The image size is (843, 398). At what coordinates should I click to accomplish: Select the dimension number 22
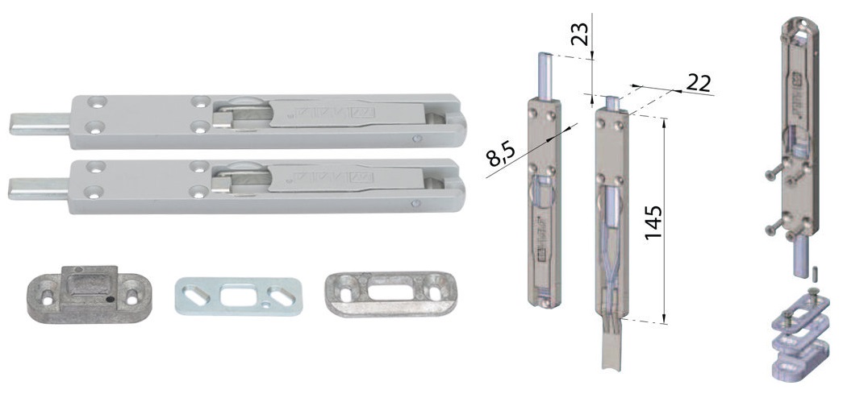pos(698,84)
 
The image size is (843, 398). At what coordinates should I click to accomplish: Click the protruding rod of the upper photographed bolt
pos(40,123)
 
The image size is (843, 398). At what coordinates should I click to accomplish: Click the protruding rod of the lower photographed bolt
pos(38,189)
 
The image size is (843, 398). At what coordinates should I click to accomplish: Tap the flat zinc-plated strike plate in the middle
pos(238,296)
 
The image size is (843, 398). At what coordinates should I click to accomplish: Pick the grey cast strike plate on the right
pos(391,293)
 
